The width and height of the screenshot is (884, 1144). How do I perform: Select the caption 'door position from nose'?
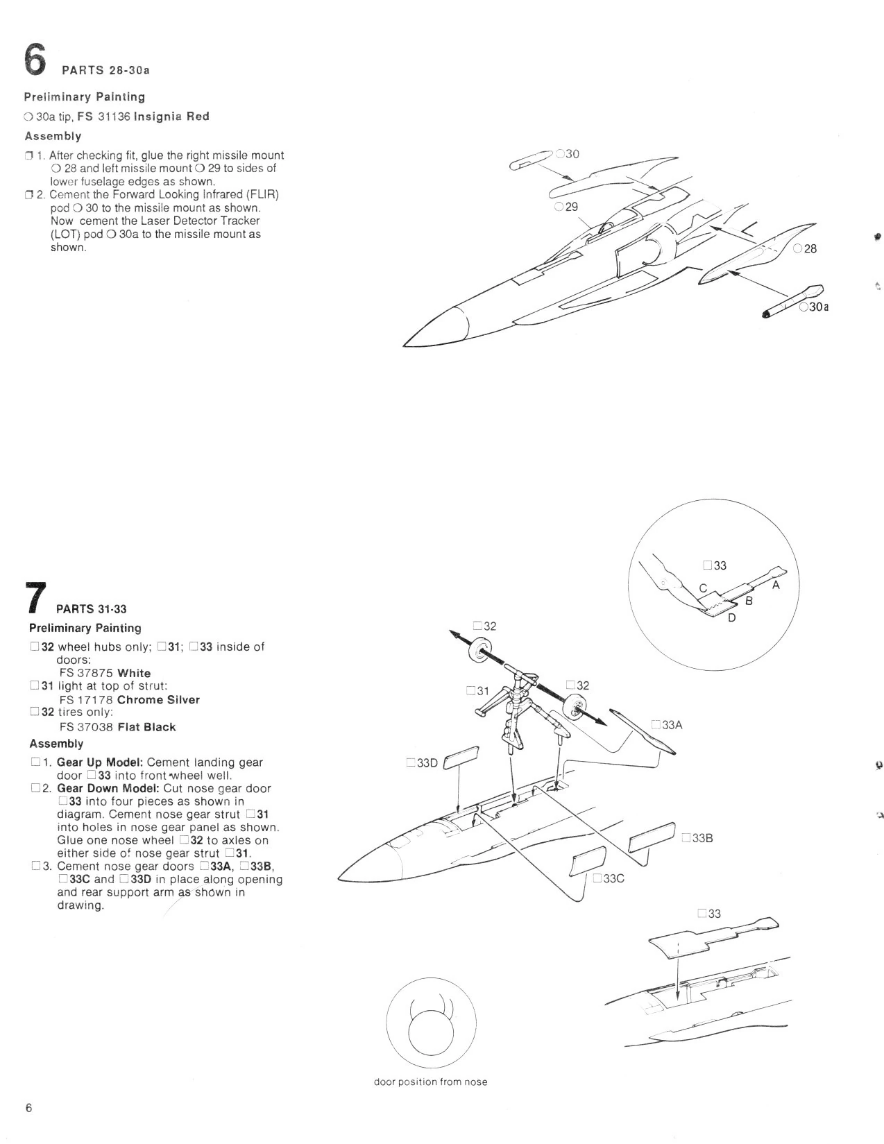tap(430, 1082)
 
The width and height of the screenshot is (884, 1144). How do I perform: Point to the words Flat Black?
tap(146, 727)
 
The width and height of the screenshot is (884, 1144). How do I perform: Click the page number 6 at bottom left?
tap(28, 1108)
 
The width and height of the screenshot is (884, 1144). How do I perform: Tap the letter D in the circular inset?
tap(731, 617)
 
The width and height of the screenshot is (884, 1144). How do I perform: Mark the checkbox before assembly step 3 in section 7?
tap(35, 866)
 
